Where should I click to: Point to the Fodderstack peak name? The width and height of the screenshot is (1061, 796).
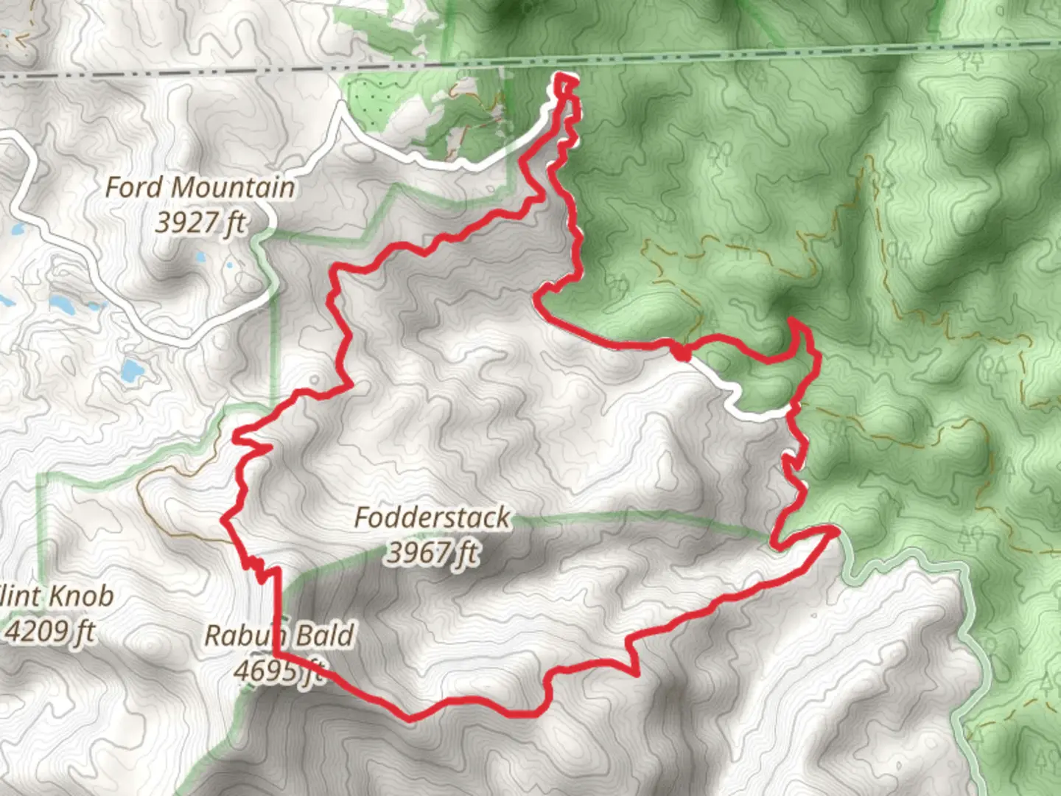tap(432, 517)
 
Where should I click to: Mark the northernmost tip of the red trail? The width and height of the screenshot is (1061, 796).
tap(564, 76)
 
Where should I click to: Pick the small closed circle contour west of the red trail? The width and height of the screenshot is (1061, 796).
tap(315, 379)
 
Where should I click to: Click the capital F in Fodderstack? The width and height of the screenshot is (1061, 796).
tap(363, 517)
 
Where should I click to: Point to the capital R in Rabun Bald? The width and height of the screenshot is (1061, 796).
tap(213, 635)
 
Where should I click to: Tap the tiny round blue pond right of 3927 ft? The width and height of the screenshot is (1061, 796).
tap(230, 265)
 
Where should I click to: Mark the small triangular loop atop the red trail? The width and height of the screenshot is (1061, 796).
tap(565, 84)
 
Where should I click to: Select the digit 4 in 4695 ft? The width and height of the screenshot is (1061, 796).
tap(242, 671)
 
